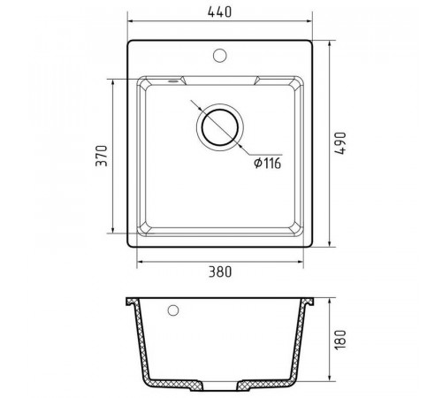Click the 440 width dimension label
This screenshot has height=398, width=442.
pos(219,12)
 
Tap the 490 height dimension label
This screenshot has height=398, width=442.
pos(340,143)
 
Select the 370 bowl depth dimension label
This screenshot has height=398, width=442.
pos(102,156)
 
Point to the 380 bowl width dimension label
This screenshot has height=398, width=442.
pos(220,272)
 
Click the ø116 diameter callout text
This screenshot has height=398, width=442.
pos(268,163)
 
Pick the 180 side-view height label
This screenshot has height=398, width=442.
pos(340,340)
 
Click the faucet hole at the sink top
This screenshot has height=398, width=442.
pos(219,55)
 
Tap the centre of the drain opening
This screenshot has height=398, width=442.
pos(220,127)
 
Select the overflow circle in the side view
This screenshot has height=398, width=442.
pos(173,310)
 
